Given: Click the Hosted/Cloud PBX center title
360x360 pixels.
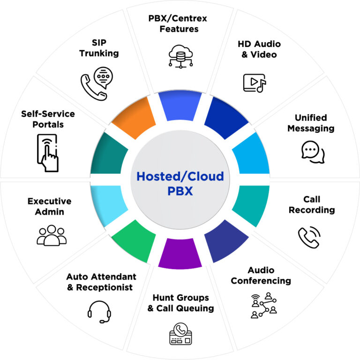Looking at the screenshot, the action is [180, 183].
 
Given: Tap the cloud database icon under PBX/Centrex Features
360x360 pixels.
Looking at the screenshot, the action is [180, 56].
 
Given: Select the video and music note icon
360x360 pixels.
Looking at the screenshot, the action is [255, 83].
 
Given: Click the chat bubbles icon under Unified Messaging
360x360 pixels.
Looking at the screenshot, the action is [313, 152].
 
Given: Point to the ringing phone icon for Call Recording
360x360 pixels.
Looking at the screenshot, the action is [309, 237].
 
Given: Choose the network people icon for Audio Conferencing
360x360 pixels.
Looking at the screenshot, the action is [263, 305].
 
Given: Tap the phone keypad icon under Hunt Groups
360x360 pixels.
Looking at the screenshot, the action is [180, 334].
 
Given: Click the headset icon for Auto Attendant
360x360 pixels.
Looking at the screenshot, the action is [99, 312].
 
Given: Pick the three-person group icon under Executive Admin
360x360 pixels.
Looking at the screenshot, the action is [52, 235].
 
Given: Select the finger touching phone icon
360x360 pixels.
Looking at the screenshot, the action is [48, 153].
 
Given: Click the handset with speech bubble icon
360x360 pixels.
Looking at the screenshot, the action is [97, 83].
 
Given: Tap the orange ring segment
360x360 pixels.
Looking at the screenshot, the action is [135, 118].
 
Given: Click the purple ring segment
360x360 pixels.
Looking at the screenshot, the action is [180, 253].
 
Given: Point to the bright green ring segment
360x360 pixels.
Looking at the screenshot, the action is [135, 241].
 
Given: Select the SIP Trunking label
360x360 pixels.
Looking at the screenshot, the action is [99, 48].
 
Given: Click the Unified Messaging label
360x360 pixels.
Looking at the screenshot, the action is [311, 123].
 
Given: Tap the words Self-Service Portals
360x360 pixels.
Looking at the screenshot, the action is [48, 119].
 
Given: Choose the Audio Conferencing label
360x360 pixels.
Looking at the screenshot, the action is [261, 275].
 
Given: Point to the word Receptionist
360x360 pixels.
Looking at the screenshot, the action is [104, 287].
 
